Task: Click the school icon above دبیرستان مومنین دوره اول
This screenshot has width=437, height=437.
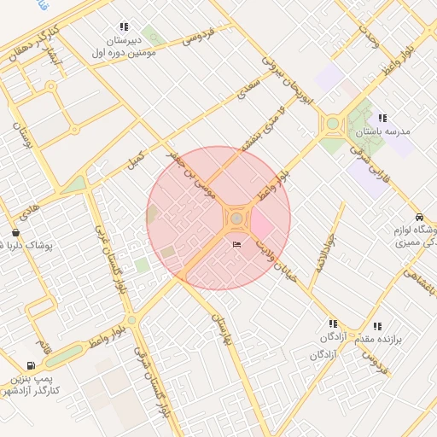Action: pos(125,27)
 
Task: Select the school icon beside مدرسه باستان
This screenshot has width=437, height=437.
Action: pos(382,119)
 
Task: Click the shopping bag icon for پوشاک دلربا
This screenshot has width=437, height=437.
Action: pos(15,232)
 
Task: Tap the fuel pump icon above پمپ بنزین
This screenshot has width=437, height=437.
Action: pos(32,365)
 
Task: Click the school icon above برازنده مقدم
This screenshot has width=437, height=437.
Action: pos(377,325)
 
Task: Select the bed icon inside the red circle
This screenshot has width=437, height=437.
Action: pos(237,246)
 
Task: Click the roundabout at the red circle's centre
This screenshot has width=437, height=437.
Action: pos(236,219)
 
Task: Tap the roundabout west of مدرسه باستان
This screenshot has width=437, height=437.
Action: pos(331,125)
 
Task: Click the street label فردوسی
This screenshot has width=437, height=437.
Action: pos(197,37)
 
